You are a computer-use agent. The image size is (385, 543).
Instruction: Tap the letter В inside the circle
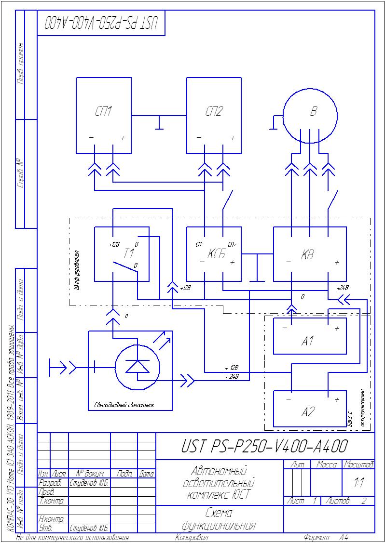coord(313,112)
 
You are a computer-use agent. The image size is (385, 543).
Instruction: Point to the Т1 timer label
coord(128,254)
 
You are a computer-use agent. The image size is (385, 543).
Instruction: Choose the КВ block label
coord(307,255)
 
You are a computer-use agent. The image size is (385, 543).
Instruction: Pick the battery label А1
coord(308,342)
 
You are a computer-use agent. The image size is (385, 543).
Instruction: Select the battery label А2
coord(308,412)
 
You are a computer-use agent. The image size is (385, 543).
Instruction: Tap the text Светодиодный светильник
coord(124,405)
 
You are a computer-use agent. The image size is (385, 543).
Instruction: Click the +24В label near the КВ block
coord(343,288)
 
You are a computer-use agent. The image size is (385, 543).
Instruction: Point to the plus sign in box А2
coord(337,400)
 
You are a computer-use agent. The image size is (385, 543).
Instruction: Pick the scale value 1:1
coord(358,483)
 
